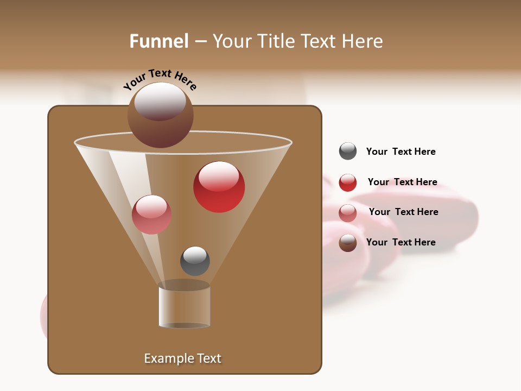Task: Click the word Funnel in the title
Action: [158, 41]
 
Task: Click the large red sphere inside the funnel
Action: [219, 187]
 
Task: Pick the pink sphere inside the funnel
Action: [151, 215]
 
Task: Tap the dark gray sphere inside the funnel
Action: [195, 261]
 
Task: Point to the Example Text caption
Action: [182, 358]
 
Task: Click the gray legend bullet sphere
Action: [348, 152]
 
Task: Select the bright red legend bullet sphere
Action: [348, 182]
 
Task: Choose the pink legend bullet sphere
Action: [348, 213]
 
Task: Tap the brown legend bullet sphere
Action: [348, 243]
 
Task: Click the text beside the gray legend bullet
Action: [401, 152]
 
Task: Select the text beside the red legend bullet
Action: [402, 182]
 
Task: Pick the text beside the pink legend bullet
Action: [403, 212]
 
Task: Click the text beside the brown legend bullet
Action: [401, 242]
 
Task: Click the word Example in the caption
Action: [168, 358]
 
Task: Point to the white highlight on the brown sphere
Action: [160, 101]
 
